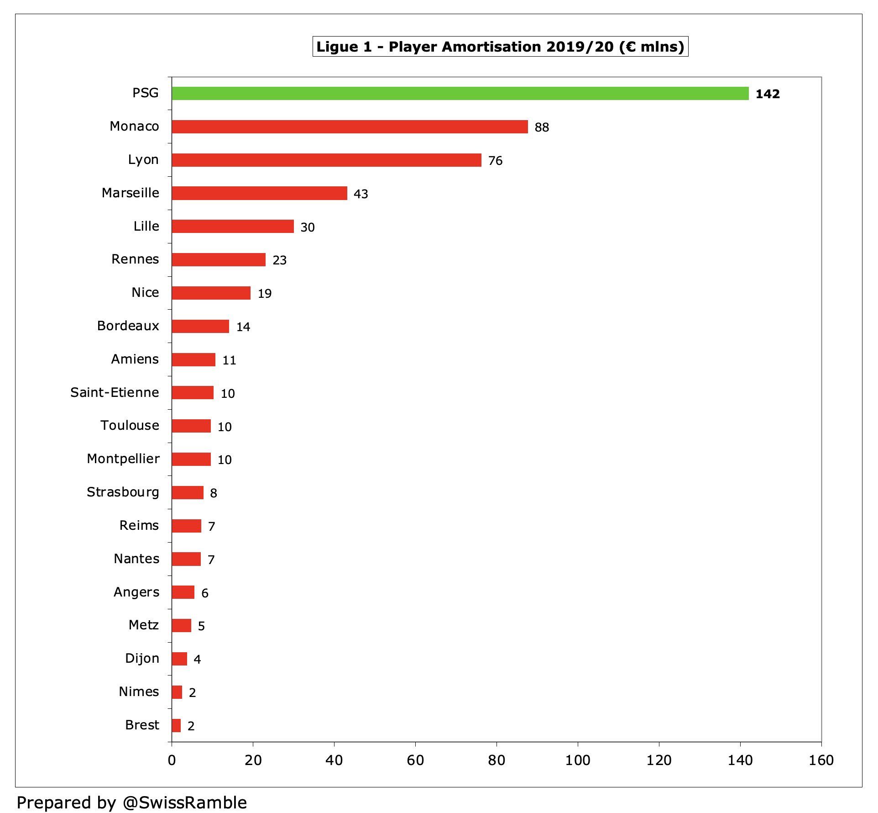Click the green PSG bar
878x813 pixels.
[460, 93]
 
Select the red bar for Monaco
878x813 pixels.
[350, 127]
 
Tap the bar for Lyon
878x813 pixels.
[326, 160]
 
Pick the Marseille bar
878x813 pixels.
[259, 193]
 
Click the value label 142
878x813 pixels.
[768, 94]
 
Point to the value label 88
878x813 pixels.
[542, 127]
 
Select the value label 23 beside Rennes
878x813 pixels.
[279, 260]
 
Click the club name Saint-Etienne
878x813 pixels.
[115, 392]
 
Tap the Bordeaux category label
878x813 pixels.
[128, 326]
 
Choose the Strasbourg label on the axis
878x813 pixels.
[123, 492]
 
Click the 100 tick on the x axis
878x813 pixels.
[577, 760]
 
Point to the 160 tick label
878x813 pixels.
[821, 760]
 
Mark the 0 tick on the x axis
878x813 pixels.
[172, 760]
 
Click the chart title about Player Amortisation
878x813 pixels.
[500, 47]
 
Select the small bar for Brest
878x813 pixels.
[176, 725]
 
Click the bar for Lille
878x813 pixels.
[233, 226]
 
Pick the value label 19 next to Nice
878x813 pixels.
[265, 293]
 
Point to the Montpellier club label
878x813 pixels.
[123, 459]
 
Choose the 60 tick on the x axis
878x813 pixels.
[415, 760]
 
